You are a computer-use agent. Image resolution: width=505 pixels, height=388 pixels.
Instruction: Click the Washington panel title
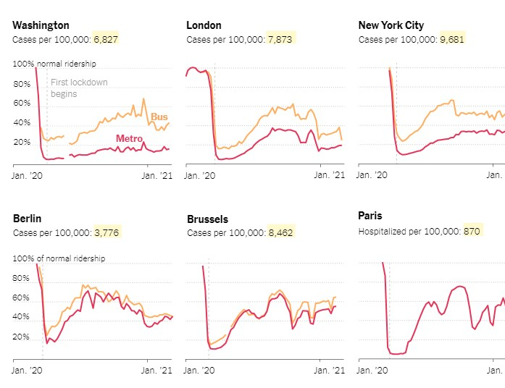click(41, 25)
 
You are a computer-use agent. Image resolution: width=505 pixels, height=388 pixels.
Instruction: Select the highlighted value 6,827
click(106, 39)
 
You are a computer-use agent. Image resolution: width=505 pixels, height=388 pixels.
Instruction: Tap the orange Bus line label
click(159, 117)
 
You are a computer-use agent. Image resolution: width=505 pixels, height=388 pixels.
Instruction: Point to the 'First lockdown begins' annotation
click(78, 88)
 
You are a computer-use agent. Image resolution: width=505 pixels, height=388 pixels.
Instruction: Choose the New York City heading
click(391, 25)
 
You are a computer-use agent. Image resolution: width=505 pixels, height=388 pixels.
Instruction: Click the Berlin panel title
click(27, 219)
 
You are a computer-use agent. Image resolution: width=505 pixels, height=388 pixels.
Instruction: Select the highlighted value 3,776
click(106, 232)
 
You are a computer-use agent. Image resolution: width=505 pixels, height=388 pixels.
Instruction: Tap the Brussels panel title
click(207, 219)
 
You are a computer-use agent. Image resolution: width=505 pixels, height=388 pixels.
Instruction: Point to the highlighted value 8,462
click(280, 232)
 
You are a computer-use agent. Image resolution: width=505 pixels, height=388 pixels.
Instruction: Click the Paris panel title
click(370, 216)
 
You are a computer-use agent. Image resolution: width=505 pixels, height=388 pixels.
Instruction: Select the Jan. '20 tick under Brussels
click(201, 370)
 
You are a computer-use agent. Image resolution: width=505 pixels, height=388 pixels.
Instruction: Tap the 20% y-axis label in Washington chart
click(22, 142)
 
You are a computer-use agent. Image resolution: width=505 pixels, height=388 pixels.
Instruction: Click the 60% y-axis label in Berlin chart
click(22, 298)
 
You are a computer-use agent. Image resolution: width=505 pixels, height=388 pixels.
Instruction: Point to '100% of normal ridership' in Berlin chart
click(59, 258)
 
